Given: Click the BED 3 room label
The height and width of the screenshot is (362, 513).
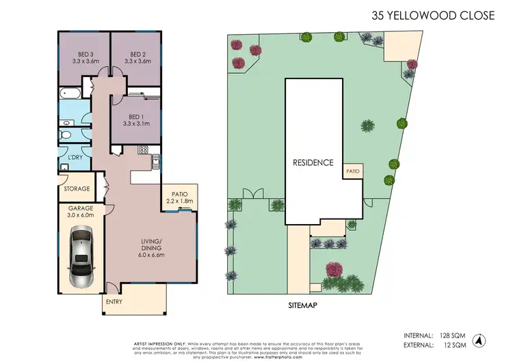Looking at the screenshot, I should [85, 55].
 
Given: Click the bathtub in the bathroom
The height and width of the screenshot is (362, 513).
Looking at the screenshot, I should [70, 93].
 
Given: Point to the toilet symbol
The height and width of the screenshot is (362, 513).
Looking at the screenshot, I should [66, 135].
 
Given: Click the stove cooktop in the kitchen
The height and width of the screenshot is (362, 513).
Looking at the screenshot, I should [144, 150].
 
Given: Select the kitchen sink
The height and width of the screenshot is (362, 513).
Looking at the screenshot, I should [156, 162].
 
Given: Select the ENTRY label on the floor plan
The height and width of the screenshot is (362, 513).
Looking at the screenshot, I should [113, 300].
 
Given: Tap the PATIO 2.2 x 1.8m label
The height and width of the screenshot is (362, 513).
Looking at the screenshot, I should [179, 197].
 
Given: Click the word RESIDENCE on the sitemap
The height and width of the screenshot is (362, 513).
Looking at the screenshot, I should [313, 163].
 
